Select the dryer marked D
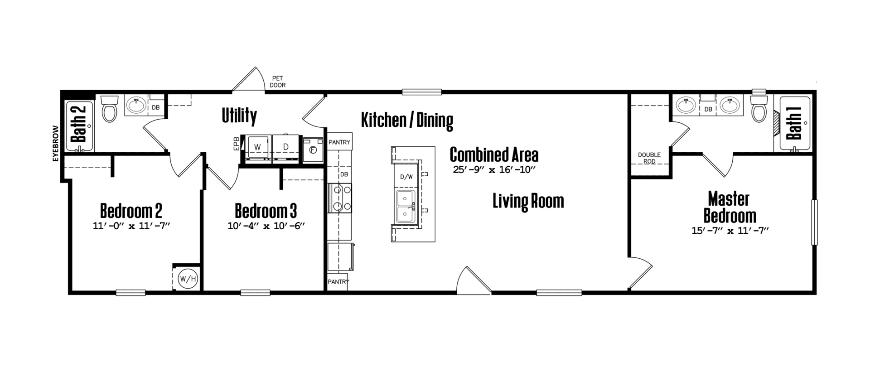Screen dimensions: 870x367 click(x=286, y=147)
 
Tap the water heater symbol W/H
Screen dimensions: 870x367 click(x=188, y=278)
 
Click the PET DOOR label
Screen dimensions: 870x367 click(x=277, y=82)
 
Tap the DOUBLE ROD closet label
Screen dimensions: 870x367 click(x=649, y=158)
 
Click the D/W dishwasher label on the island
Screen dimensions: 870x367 click(x=406, y=177)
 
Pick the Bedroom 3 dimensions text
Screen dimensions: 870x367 click(x=266, y=226)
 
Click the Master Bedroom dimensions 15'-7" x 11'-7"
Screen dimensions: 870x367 click(x=730, y=231)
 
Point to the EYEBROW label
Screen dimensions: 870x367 click(x=56, y=143)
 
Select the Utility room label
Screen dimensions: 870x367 click(x=239, y=116)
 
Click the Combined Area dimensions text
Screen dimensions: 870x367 click(x=494, y=170)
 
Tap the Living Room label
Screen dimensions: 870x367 click(x=528, y=201)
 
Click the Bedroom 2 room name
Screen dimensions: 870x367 click(x=131, y=211)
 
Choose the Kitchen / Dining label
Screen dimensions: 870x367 click(x=407, y=121)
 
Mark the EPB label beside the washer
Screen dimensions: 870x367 click(x=236, y=143)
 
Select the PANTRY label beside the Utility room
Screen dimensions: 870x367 click(x=339, y=142)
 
